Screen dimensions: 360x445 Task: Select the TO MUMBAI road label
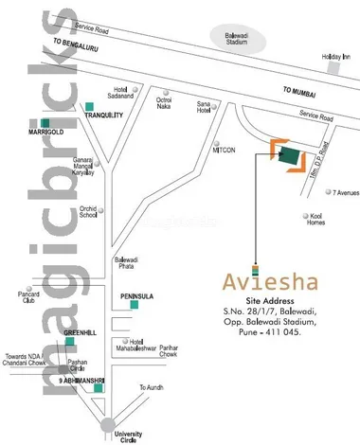point(301,92)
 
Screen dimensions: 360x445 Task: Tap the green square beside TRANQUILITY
point(89,104)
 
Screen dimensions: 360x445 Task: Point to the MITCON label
point(223,150)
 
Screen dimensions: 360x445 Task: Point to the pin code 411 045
point(296,332)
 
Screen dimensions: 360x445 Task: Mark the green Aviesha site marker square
point(288,157)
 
